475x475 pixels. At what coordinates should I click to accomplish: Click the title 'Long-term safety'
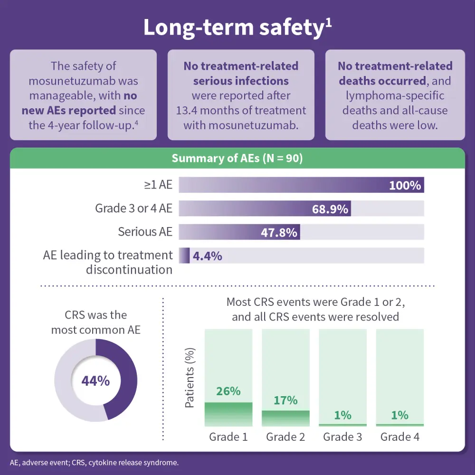click(x=233, y=28)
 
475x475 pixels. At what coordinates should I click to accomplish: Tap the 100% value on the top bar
click(x=405, y=185)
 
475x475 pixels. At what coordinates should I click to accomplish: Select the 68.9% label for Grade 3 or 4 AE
click(x=330, y=209)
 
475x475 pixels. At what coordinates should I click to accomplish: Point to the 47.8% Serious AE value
click(x=279, y=232)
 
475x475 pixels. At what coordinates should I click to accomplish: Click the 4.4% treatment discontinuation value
click(x=208, y=256)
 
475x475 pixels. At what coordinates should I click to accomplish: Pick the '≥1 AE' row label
click(x=159, y=185)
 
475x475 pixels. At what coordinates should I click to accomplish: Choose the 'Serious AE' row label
click(x=145, y=232)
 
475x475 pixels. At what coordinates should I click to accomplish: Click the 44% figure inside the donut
click(x=95, y=381)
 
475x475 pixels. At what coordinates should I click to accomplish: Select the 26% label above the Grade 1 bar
click(x=228, y=391)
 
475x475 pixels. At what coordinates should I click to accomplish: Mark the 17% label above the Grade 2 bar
click(x=285, y=400)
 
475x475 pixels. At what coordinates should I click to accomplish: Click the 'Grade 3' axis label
click(x=342, y=437)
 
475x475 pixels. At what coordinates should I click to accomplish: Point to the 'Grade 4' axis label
click(x=399, y=437)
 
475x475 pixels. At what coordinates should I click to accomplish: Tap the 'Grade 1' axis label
click(x=228, y=437)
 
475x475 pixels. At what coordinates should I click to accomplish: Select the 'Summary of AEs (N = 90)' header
click(x=237, y=158)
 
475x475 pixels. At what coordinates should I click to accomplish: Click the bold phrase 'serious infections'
click(x=241, y=81)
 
